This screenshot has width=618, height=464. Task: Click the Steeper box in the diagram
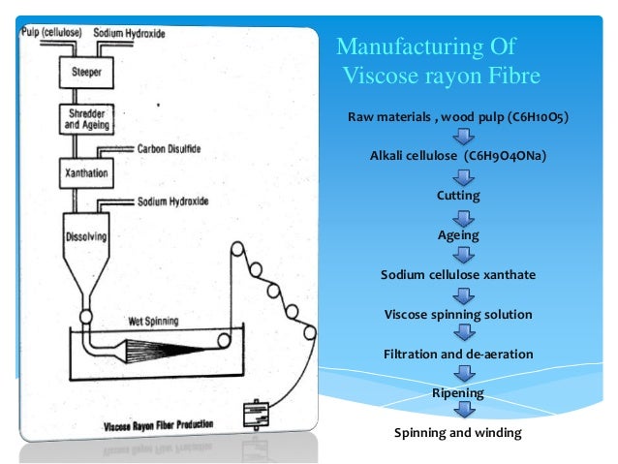pyautogui.click(x=86, y=72)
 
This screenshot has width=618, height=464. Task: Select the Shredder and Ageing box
pyautogui.click(x=86, y=118)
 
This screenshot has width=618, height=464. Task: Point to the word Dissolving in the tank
pyautogui.click(x=88, y=235)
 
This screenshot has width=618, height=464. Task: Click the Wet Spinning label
pyautogui.click(x=154, y=321)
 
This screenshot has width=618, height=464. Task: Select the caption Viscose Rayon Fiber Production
pyautogui.click(x=158, y=425)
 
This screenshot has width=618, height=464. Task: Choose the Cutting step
pyautogui.click(x=458, y=196)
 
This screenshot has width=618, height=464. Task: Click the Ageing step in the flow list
pyautogui.click(x=458, y=235)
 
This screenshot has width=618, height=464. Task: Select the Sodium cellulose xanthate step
pyautogui.click(x=458, y=275)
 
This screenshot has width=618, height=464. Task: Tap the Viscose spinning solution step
pyautogui.click(x=458, y=315)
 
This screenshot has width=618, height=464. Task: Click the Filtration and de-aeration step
pyautogui.click(x=458, y=355)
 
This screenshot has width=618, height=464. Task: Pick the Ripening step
pyautogui.click(x=458, y=393)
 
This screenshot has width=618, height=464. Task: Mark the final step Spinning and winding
pyautogui.click(x=458, y=433)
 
